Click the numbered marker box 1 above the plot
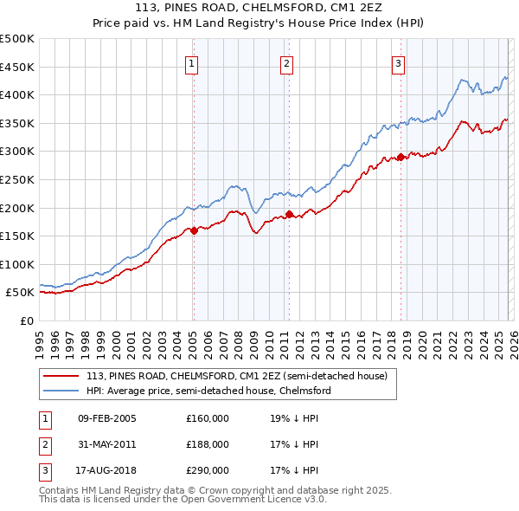click(x=190, y=62)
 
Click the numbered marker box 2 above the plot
click(x=286, y=62)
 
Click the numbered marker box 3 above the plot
click(x=398, y=62)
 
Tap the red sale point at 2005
click(x=194, y=230)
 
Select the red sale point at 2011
click(x=289, y=214)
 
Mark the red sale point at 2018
click(x=400, y=157)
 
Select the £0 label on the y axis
click(x=26, y=320)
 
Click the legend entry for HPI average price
click(x=208, y=391)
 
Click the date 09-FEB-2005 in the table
click(x=106, y=418)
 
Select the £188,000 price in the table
click(x=208, y=444)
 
